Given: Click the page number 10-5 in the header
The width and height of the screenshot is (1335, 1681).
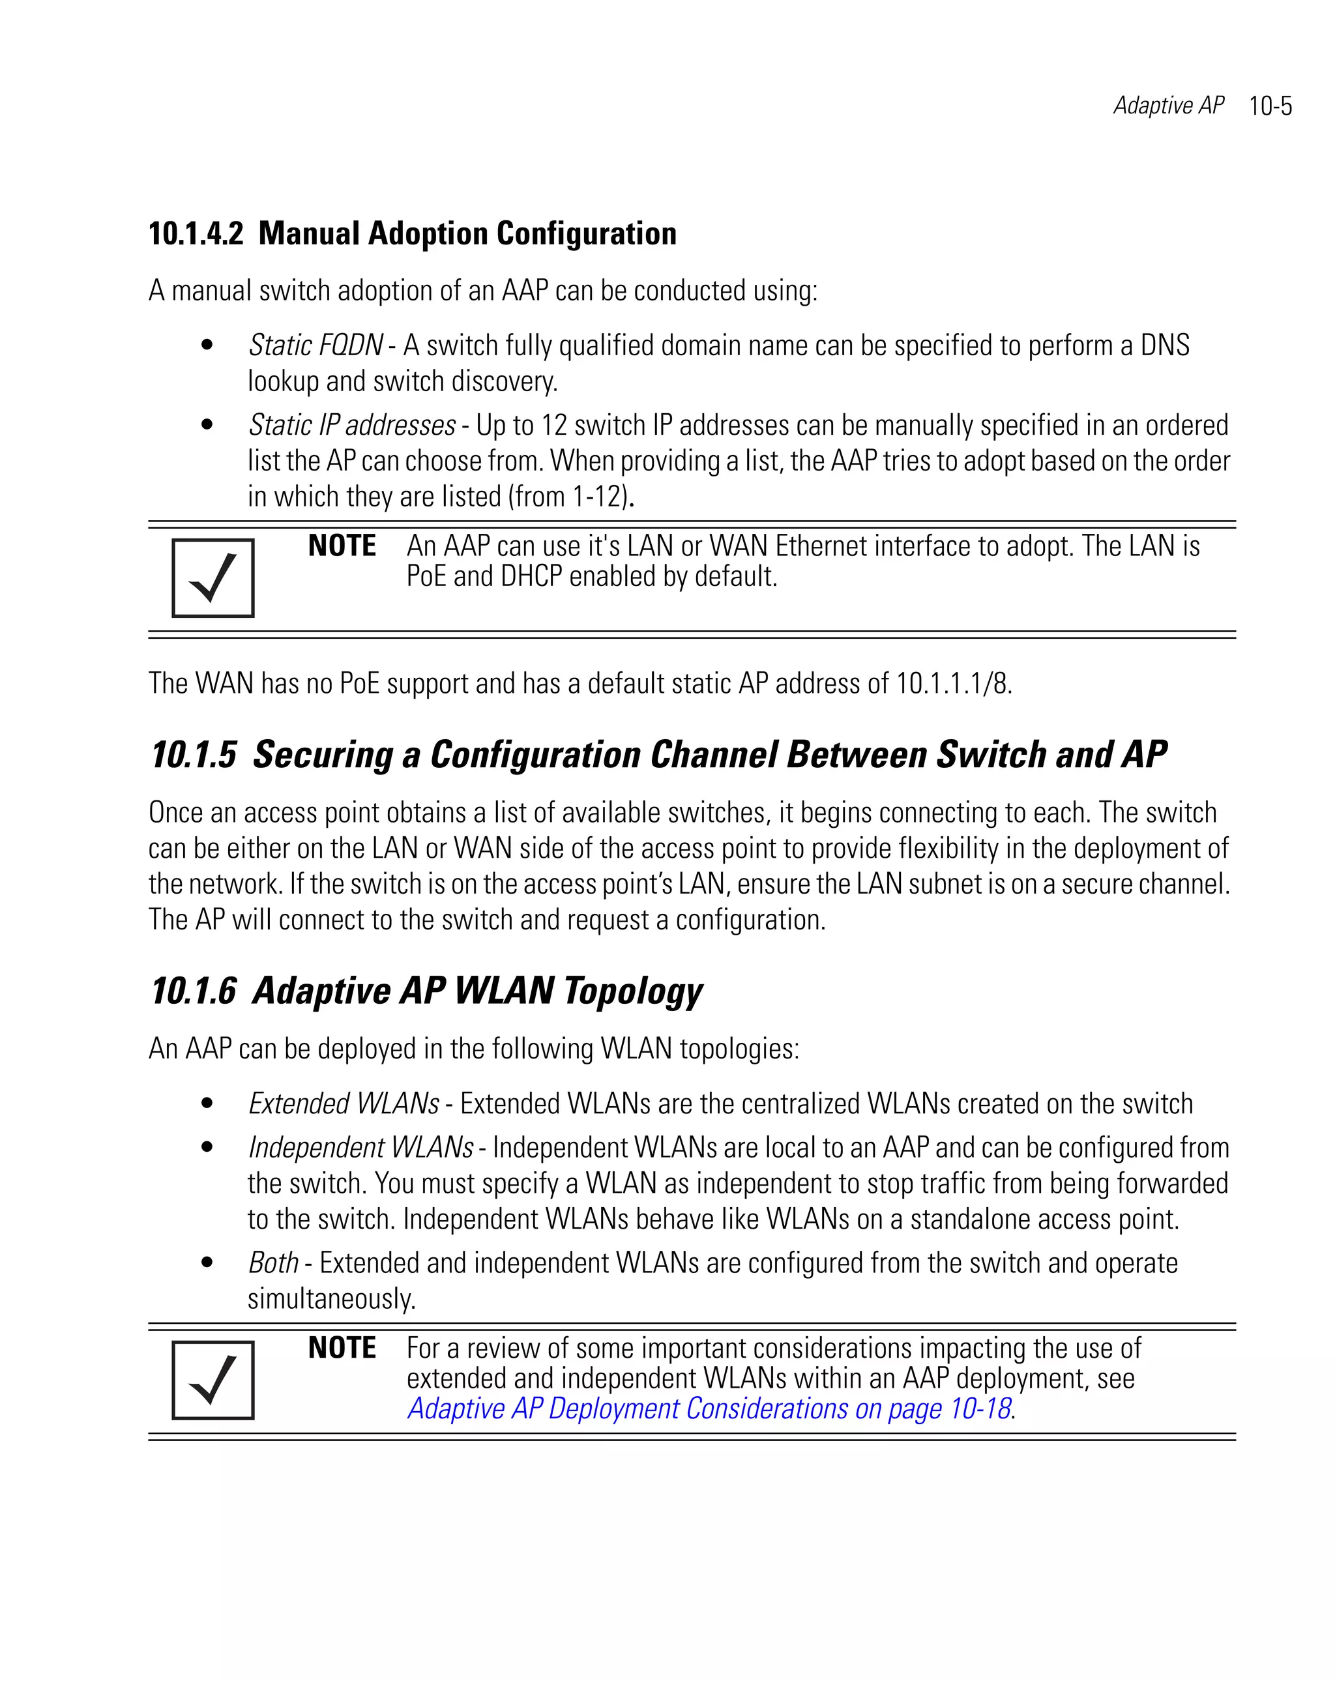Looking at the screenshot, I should pyautogui.click(x=1270, y=106).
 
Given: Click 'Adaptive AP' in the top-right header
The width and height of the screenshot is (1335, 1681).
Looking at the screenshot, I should pyautogui.click(x=1168, y=105).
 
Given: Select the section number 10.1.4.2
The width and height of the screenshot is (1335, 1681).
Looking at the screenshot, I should pyautogui.click(x=196, y=234).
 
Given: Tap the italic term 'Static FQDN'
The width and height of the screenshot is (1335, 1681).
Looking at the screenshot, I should pyautogui.click(x=315, y=345).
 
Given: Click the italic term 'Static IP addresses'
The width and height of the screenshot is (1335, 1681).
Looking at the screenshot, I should pyautogui.click(x=352, y=426).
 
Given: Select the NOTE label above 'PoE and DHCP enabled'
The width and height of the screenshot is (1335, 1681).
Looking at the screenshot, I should pyautogui.click(x=342, y=546).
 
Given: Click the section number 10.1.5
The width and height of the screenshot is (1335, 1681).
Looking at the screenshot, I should pyautogui.click(x=194, y=755).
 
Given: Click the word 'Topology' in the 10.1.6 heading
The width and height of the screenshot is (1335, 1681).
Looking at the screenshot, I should pyautogui.click(x=632, y=992).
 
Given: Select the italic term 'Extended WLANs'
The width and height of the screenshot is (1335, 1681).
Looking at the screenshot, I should pyautogui.click(x=343, y=1104).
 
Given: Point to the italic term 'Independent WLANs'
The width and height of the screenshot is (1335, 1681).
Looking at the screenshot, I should pyautogui.click(x=360, y=1148).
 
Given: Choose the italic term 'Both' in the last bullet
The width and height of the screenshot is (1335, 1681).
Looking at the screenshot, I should pyautogui.click(x=273, y=1263).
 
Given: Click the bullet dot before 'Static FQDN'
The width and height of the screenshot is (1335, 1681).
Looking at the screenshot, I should pyautogui.click(x=207, y=345).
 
